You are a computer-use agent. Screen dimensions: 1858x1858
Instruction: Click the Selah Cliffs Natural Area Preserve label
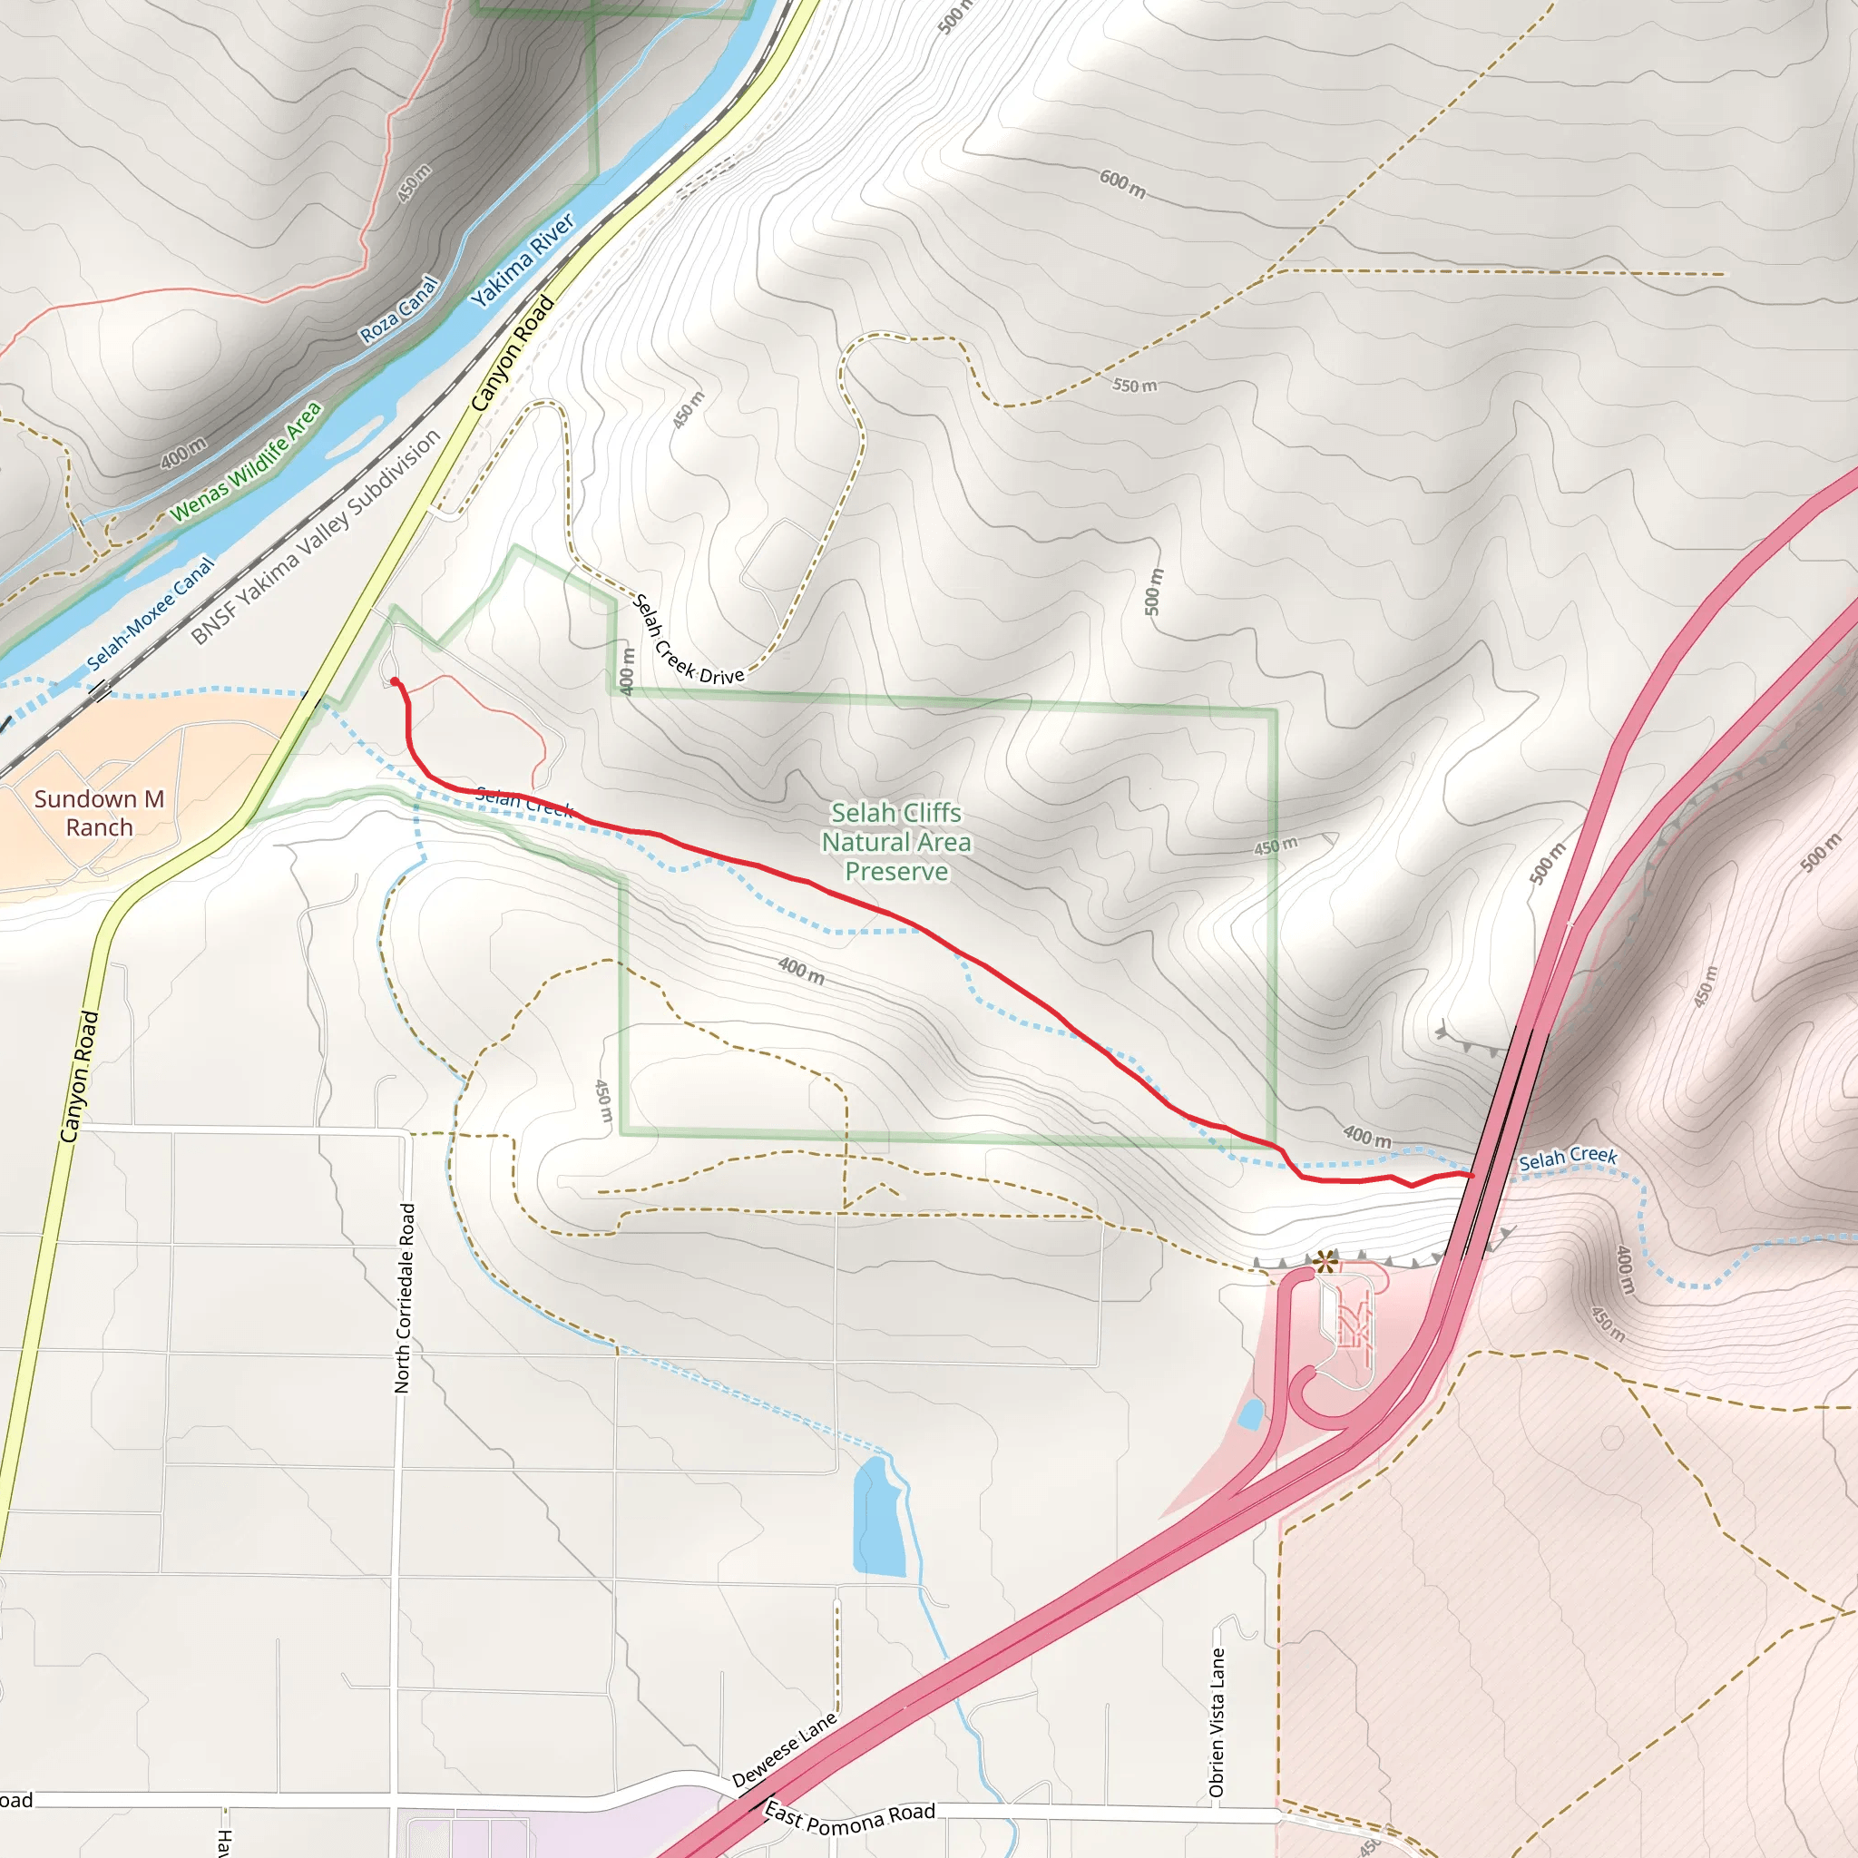click(x=895, y=842)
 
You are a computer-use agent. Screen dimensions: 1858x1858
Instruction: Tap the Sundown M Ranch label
click(x=99, y=813)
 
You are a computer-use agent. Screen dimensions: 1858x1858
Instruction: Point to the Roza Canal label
click(x=399, y=309)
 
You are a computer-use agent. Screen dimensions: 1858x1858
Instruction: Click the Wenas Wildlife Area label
click(x=245, y=463)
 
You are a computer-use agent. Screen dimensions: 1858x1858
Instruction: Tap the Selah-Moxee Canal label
click(x=150, y=614)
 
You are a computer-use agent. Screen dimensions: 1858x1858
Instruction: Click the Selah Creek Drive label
click(x=687, y=641)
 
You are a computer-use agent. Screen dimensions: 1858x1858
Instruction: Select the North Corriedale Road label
click(x=405, y=1297)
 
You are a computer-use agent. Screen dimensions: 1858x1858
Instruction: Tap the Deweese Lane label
click(x=784, y=1749)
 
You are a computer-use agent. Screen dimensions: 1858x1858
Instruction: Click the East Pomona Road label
click(x=849, y=1817)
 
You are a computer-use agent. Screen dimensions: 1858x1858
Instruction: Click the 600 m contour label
click(x=1122, y=182)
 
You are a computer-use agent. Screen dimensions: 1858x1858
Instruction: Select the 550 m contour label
click(x=1135, y=386)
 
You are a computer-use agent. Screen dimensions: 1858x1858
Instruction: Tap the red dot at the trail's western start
click(x=395, y=682)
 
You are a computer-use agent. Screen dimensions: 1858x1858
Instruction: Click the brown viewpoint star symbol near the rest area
click(x=1325, y=1261)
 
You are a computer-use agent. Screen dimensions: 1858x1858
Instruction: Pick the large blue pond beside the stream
click(x=878, y=1517)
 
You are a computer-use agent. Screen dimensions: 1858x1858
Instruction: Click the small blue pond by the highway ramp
click(x=1250, y=1413)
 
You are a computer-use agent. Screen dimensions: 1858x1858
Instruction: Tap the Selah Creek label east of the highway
click(x=1568, y=1159)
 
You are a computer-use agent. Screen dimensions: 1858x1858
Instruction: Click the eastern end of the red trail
click(x=1472, y=1174)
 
